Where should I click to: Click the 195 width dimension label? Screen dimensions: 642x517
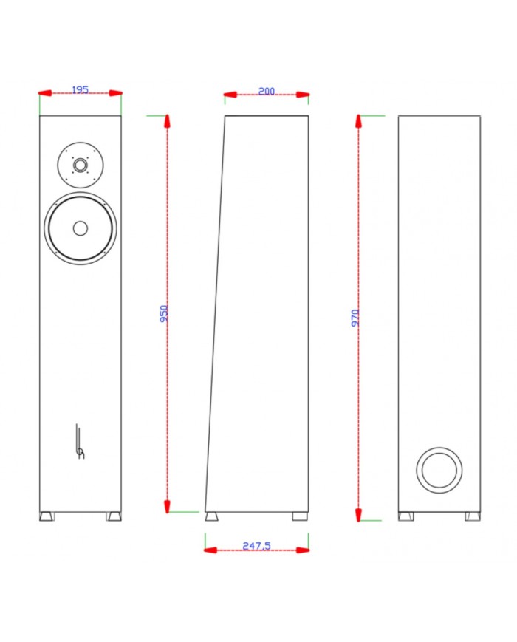[x=80, y=90]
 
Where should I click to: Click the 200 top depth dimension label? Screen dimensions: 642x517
[x=266, y=92]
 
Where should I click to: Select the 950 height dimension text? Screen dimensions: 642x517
[x=164, y=313]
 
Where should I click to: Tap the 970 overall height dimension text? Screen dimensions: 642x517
[x=355, y=318]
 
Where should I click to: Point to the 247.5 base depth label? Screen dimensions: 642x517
[x=256, y=546]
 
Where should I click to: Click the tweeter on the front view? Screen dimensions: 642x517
[x=81, y=163]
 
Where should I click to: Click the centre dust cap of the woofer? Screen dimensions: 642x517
[x=81, y=228]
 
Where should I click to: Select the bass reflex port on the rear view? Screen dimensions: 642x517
[x=439, y=470]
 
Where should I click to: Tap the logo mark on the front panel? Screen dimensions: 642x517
[x=80, y=443]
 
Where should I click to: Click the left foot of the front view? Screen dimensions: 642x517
[x=47, y=516]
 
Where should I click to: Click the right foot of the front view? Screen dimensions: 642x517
[x=114, y=516]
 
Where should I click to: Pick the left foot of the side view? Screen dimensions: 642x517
[x=212, y=516]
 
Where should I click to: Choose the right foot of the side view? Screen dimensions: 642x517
[x=299, y=516]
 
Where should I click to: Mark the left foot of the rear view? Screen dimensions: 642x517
[x=405, y=516]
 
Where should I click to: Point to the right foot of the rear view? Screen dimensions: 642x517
[x=472, y=516]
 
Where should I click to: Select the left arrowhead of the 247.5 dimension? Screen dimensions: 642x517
[x=211, y=550]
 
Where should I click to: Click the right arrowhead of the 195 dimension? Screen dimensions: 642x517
[x=115, y=93]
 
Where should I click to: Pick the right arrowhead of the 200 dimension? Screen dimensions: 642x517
[x=303, y=95]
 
